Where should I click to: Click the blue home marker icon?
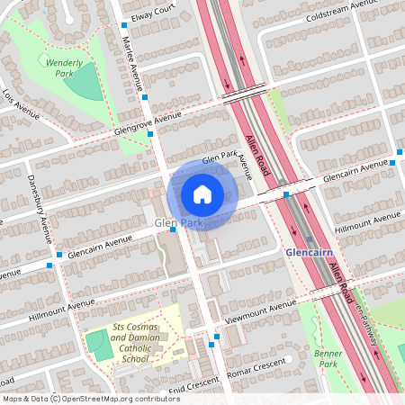click(x=202, y=193)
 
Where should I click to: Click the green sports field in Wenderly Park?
click(x=86, y=84)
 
